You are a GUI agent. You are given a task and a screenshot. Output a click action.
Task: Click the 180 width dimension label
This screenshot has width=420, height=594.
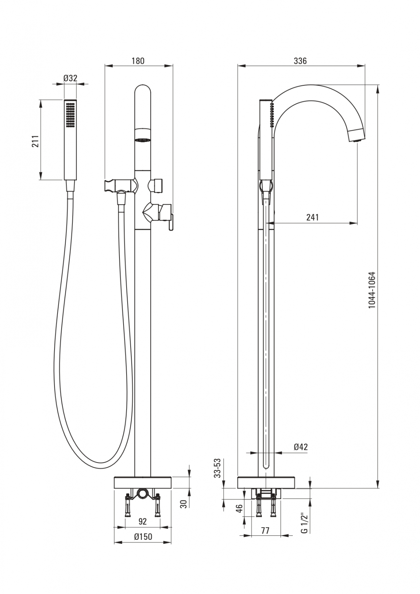(x=138, y=61)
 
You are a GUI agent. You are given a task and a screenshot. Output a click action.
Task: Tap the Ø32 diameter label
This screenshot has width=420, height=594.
(x=70, y=78)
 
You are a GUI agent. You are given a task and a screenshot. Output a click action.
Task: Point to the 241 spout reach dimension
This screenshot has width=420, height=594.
(x=312, y=217)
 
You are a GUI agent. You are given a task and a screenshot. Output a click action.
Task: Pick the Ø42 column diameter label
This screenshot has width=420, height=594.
(x=301, y=447)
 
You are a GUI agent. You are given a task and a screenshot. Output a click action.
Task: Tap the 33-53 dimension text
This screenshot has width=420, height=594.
(x=218, y=468)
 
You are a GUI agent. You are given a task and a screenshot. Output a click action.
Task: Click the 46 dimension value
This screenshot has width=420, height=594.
(x=239, y=508)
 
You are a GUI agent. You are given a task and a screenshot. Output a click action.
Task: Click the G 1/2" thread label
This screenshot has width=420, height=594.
(x=304, y=523)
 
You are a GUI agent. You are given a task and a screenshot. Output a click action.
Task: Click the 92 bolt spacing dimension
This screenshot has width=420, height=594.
(x=142, y=522)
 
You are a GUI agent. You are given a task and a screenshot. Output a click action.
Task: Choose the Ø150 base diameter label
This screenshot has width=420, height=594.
(x=142, y=536)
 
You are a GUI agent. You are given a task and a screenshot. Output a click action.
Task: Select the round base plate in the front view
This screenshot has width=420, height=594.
(x=143, y=482)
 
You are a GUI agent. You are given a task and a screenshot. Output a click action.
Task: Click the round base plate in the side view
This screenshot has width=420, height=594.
(x=266, y=482)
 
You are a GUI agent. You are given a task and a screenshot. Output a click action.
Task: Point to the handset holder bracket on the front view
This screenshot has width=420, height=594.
(x=111, y=185)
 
